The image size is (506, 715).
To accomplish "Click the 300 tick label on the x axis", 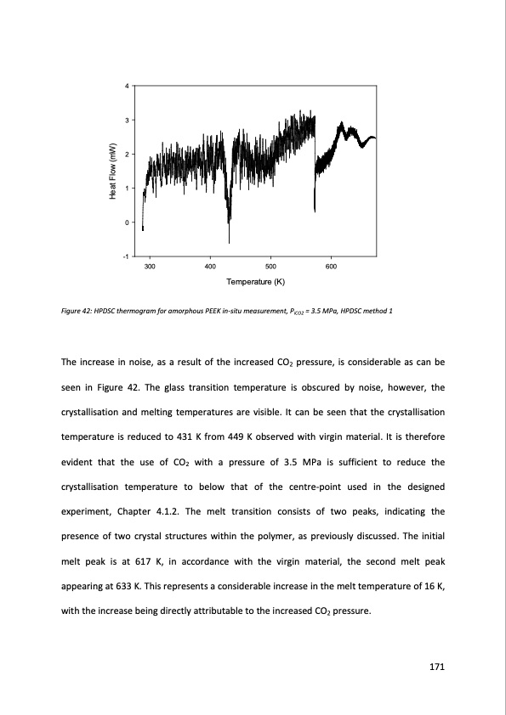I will click(x=151, y=267).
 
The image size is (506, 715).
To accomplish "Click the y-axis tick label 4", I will click(x=126, y=87).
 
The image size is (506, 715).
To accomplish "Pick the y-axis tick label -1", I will click(x=125, y=256).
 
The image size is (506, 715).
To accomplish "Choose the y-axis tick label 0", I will click(x=126, y=222).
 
